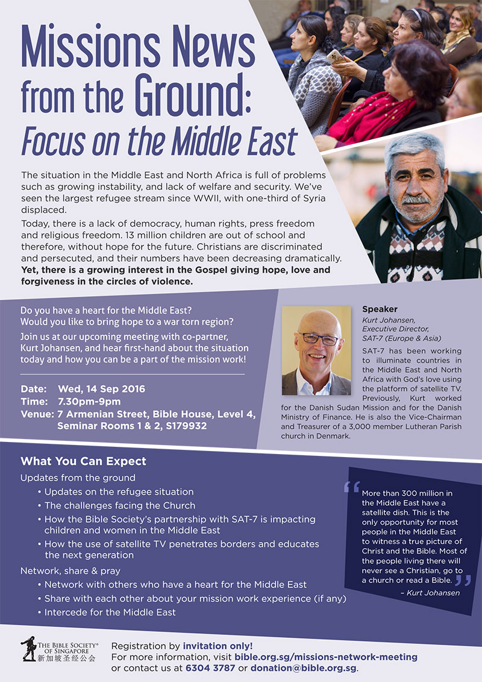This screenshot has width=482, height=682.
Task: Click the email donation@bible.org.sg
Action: tap(304, 668)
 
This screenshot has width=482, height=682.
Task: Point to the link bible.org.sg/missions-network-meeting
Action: tap(325, 657)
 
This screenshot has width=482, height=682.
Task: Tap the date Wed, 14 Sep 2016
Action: tap(101, 389)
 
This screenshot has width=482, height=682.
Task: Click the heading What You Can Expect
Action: tap(83, 462)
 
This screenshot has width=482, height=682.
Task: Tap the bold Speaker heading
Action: tap(380, 309)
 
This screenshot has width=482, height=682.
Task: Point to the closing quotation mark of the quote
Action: tap(462, 580)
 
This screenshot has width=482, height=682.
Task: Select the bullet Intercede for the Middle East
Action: tap(110, 612)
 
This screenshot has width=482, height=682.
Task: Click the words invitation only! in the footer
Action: tap(218, 645)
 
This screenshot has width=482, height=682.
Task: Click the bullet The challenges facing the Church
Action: tap(119, 505)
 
